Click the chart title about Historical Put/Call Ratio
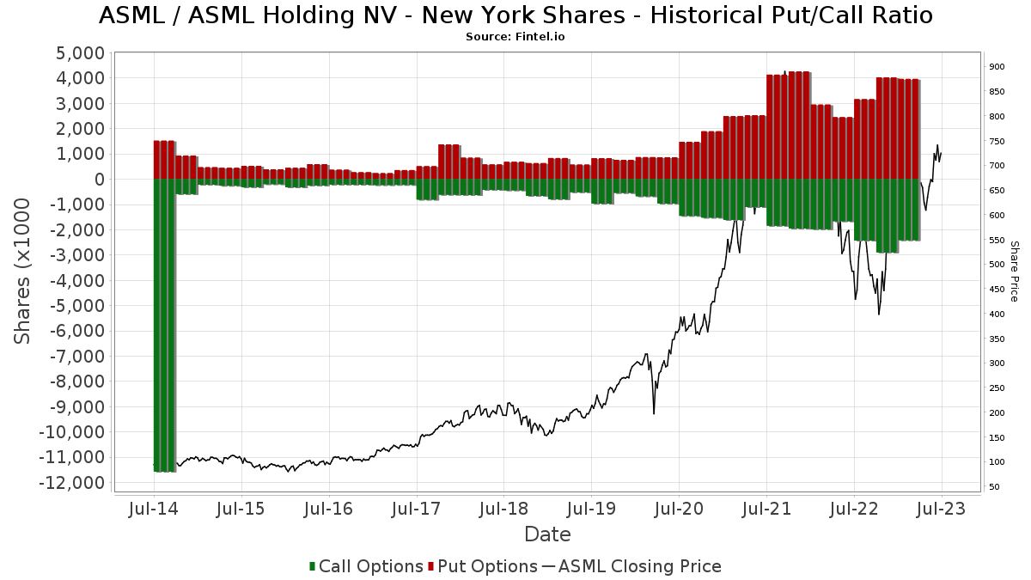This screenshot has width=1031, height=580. (x=515, y=15)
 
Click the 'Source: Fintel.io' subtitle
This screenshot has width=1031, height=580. (x=515, y=37)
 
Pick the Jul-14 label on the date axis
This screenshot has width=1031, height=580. (x=153, y=510)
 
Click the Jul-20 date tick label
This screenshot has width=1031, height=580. (x=679, y=510)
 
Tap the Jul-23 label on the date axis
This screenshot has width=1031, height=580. (x=942, y=510)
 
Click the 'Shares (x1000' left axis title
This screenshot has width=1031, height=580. (x=23, y=271)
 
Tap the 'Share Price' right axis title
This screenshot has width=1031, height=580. (x=1014, y=271)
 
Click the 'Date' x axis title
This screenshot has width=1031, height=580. (x=547, y=534)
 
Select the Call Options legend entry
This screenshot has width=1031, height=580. (x=366, y=566)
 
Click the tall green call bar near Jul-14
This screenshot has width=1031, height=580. (x=164, y=327)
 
